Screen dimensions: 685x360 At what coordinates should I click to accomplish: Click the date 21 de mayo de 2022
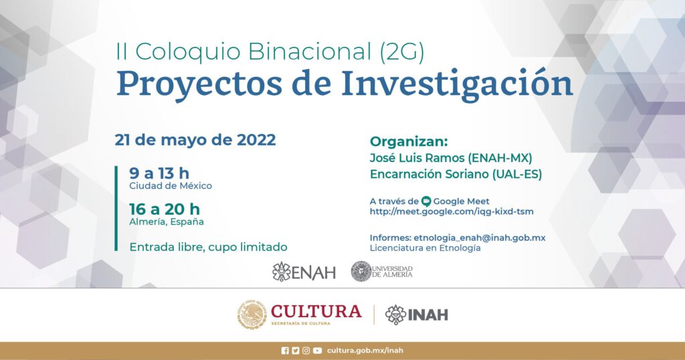pyautogui.click(x=195, y=140)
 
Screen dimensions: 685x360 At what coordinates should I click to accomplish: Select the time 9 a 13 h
pyautogui.click(x=159, y=173)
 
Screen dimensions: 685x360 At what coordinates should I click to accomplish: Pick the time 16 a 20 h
pyautogui.click(x=165, y=209)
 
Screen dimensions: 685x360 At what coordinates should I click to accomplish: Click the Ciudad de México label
pyautogui.click(x=171, y=185)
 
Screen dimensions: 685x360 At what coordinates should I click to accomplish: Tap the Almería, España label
pyautogui.click(x=167, y=221)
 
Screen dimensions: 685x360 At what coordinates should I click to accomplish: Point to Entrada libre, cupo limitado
pyautogui.click(x=209, y=247)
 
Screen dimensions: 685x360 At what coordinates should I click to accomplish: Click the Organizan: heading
pyautogui.click(x=409, y=142)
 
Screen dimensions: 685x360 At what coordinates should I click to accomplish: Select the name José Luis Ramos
pyautogui.click(x=417, y=157)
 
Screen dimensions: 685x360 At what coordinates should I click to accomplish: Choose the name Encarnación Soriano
pyautogui.click(x=429, y=174)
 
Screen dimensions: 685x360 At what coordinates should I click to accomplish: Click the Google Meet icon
pyautogui.click(x=426, y=201)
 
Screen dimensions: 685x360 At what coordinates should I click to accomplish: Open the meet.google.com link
pyautogui.click(x=452, y=211)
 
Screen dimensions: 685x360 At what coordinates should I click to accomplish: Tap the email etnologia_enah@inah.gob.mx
pyautogui.click(x=479, y=238)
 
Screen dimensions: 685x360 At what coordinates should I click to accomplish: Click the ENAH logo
pyautogui.click(x=304, y=272)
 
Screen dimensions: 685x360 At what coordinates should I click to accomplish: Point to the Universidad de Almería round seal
pyautogui.click(x=361, y=271)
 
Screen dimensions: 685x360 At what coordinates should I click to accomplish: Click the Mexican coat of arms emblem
pyautogui.click(x=252, y=314)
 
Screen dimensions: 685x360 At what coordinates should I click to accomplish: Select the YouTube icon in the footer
pyautogui.click(x=317, y=351)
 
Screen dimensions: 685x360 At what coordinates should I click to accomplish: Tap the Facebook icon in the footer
pyautogui.click(x=285, y=351)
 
